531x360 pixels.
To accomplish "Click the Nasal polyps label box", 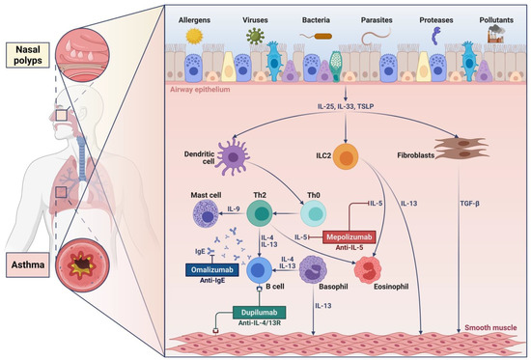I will (26, 50).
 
